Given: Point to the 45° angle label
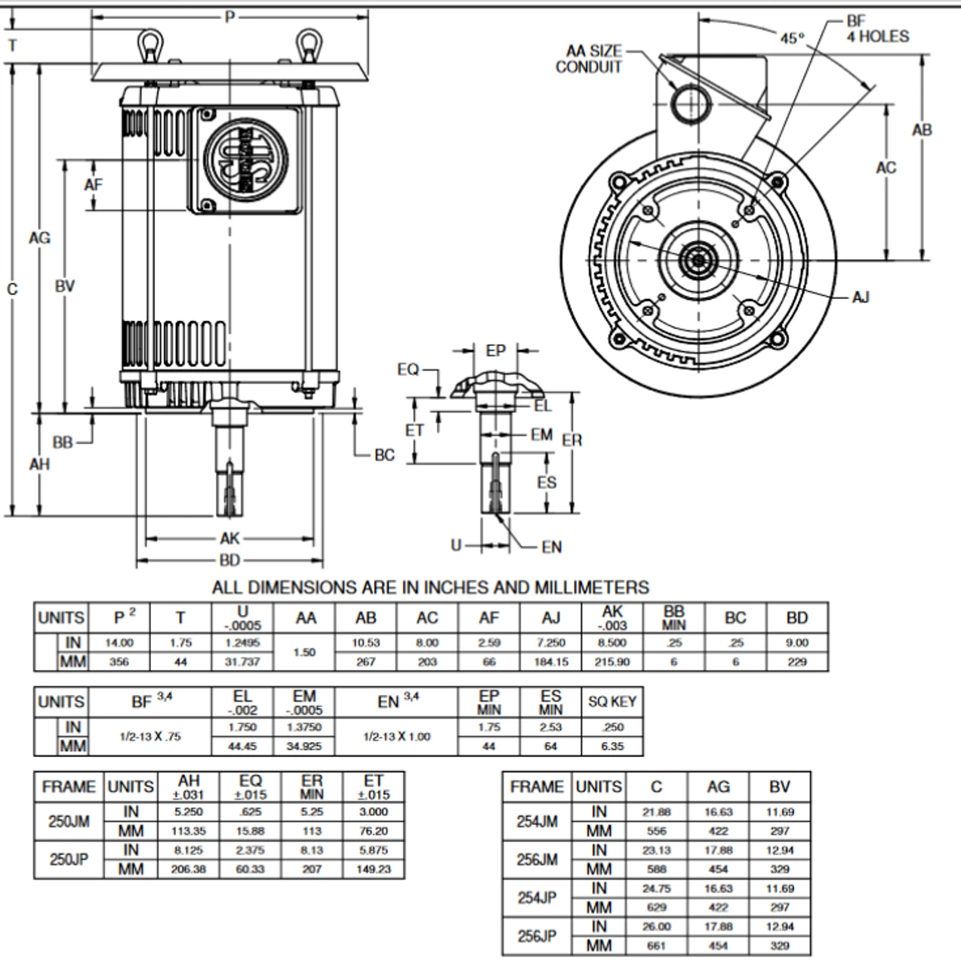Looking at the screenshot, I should tap(792, 38).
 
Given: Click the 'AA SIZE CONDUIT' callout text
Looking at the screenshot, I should tap(590, 59).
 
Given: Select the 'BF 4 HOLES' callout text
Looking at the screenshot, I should tap(876, 29).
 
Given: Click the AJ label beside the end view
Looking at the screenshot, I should tap(860, 297).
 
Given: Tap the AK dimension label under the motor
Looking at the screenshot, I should tap(229, 539).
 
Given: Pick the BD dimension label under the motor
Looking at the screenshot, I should tap(229, 561).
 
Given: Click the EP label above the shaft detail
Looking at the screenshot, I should tap(495, 351).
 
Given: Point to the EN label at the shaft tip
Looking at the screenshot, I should tap(552, 547).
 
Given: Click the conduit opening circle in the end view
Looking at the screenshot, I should tap(688, 103).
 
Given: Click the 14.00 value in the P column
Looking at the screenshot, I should tap(119, 643).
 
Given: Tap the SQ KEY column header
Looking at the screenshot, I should tap(612, 702).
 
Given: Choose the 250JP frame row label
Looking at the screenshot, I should tap(69, 860).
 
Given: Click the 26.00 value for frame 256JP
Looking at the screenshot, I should tap(656, 927).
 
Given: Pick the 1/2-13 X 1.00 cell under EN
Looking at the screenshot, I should tap(396, 736).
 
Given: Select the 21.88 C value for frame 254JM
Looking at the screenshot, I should tap(656, 812).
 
